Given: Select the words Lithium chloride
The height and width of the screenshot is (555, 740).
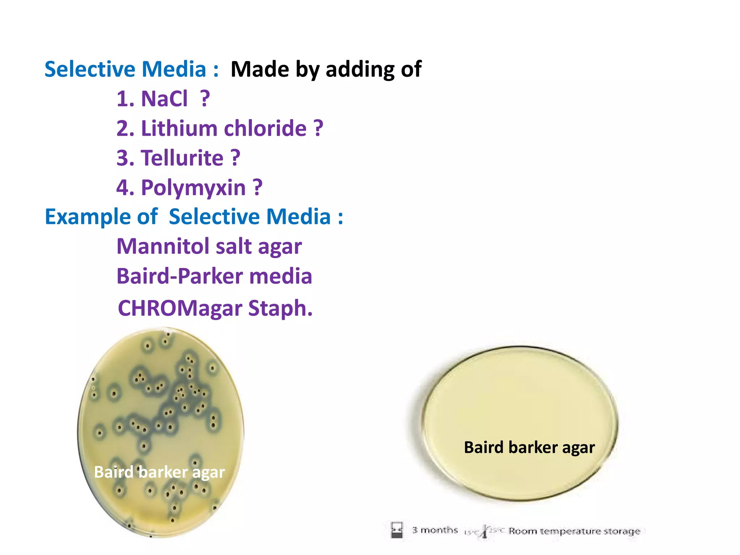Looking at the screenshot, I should (x=224, y=128).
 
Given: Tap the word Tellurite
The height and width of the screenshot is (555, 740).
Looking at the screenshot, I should (x=182, y=158).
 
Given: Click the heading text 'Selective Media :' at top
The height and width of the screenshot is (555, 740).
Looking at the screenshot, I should (x=132, y=69).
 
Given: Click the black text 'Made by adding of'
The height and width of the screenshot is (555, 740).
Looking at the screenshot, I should (x=326, y=69).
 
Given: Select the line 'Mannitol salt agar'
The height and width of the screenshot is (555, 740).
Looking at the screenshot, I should (x=209, y=247).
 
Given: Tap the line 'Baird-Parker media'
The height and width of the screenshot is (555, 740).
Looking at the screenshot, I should (x=214, y=276).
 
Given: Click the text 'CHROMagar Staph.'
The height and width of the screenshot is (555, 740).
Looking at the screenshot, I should (x=215, y=308).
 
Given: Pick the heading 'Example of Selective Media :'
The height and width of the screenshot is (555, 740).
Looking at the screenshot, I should (x=194, y=217).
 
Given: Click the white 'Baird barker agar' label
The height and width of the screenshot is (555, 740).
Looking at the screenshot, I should (x=159, y=472).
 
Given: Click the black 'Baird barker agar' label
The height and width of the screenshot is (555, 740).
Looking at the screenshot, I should (x=529, y=448).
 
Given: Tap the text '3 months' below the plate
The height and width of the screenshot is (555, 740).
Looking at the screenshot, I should (x=435, y=530).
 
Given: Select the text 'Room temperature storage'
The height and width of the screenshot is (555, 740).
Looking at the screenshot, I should (x=574, y=531).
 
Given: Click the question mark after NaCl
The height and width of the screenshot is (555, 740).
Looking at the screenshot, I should (x=205, y=98).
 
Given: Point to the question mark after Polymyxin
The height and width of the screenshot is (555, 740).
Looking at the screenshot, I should (x=258, y=188).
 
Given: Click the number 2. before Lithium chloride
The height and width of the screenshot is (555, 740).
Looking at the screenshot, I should (x=125, y=128).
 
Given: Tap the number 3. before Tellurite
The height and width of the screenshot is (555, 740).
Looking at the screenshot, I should (x=125, y=158).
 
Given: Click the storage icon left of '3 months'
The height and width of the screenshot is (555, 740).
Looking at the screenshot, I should (x=397, y=530).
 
